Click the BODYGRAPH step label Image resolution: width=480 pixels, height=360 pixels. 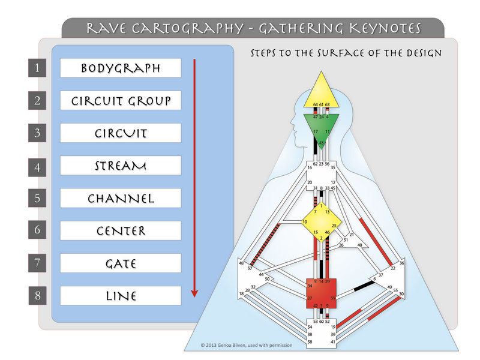coord(121,68)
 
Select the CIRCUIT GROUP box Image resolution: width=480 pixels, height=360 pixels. coord(121,100)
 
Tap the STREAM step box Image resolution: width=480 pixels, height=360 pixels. coord(121,166)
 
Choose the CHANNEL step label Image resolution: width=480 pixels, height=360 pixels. coord(121,198)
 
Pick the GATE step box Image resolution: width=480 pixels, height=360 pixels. coord(121,263)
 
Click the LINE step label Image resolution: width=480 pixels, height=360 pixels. coord(121,295)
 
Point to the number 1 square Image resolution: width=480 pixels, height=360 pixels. coord(37,68)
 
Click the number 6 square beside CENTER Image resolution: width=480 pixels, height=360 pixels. coord(37,230)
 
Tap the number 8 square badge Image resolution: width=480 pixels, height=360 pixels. coord(37,295)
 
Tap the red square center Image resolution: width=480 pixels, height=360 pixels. coord(322,292)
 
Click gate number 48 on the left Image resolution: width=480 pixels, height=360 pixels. coord(241,263)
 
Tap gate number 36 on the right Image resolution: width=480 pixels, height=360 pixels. coord(401,263)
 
